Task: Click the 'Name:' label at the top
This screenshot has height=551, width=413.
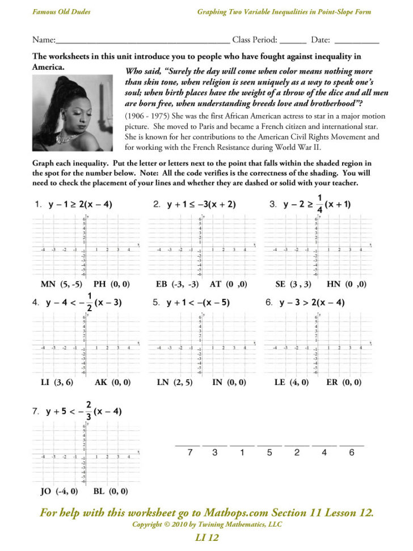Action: click(44, 40)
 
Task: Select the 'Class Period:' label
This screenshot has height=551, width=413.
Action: click(255, 40)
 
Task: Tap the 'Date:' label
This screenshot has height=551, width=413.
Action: click(321, 40)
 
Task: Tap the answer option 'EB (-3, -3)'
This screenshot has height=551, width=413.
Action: click(177, 284)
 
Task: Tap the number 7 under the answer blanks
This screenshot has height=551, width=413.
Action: click(191, 452)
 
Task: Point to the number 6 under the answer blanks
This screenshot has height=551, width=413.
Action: click(352, 452)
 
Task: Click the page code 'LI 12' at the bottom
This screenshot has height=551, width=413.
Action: click(206, 537)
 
